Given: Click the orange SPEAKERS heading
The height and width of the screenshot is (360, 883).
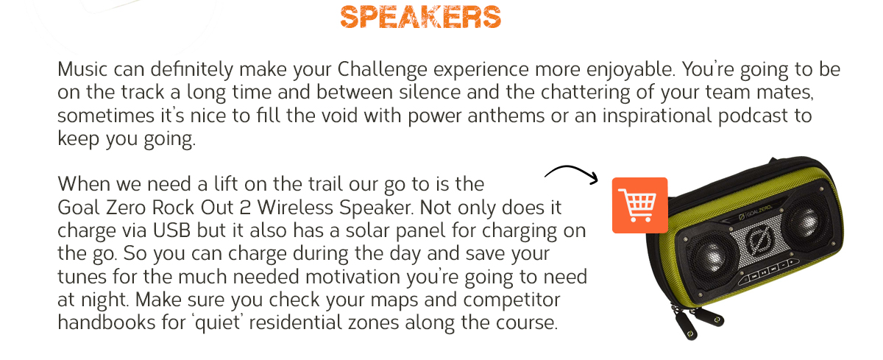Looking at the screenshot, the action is pyautogui.click(x=421, y=17).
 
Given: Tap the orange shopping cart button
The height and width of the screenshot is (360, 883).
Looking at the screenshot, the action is pyautogui.click(x=639, y=205).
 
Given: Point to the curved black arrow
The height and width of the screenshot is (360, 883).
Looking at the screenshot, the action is pyautogui.click(x=572, y=173).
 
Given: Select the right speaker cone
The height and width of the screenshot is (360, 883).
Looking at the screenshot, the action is pyautogui.click(x=805, y=219).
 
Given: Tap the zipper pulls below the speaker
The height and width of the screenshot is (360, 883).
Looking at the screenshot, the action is pyautogui.click(x=698, y=322).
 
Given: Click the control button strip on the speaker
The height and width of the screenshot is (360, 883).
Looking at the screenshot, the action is pyautogui.click(x=769, y=270).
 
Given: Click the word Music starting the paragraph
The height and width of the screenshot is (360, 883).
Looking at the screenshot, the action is pyautogui.click(x=82, y=69).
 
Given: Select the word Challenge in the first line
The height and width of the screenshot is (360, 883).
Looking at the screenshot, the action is pyautogui.click(x=382, y=70).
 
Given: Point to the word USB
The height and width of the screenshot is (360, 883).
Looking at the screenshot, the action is pyautogui.click(x=171, y=230).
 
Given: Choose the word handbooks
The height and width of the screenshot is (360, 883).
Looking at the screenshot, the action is pyautogui.click(x=107, y=322).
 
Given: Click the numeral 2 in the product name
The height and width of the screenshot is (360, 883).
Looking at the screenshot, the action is pyautogui.click(x=245, y=208).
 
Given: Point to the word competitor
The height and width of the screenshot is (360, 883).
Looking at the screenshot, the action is pyautogui.click(x=511, y=300).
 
